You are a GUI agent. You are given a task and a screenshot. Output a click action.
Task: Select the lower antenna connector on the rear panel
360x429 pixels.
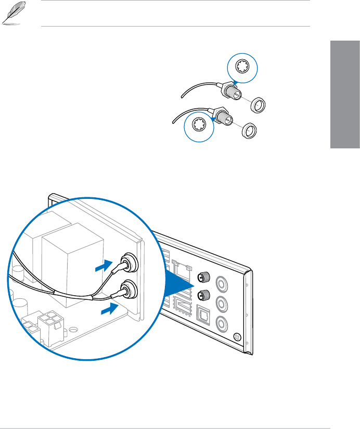203,296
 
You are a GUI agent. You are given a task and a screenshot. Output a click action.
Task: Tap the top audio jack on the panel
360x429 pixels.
223,283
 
